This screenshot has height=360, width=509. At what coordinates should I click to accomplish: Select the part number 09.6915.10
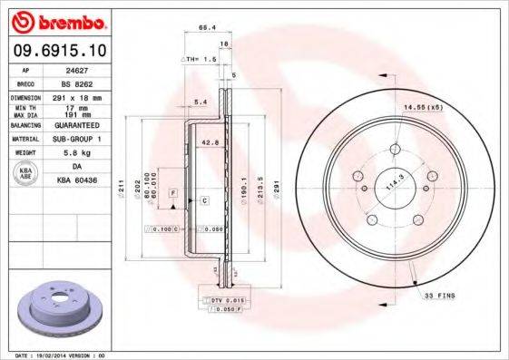pos(60,51)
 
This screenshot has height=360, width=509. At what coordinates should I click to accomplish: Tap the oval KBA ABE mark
pos(26,175)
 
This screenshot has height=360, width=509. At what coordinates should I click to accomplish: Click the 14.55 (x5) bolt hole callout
pos(422,109)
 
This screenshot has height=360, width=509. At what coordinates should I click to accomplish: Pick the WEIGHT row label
pos(26,153)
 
